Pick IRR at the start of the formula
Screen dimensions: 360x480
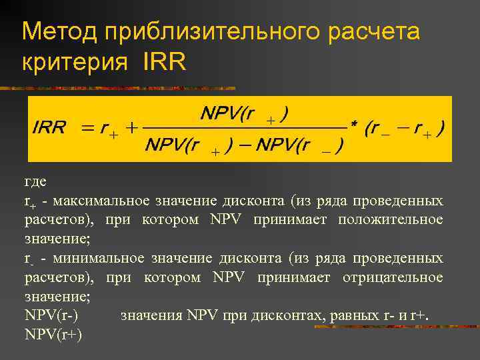[x=49, y=128]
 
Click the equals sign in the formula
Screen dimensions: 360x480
[x=87, y=128]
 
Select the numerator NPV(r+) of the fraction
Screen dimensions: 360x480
[x=244, y=114]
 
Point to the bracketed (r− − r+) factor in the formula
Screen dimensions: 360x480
[x=405, y=128]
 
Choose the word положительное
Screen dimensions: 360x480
[x=390, y=219]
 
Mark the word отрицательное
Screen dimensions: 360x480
[x=393, y=277]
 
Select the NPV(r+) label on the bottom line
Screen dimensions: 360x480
[x=53, y=334]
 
